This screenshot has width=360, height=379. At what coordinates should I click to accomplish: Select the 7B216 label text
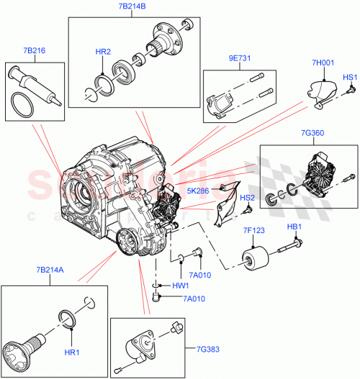pyautogui.click(x=34, y=52)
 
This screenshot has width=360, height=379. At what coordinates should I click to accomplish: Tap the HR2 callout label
pyautogui.click(x=103, y=51)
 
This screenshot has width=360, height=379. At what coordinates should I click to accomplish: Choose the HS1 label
pyautogui.click(x=349, y=76)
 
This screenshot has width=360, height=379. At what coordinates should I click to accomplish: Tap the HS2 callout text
pyautogui.click(x=248, y=197)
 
